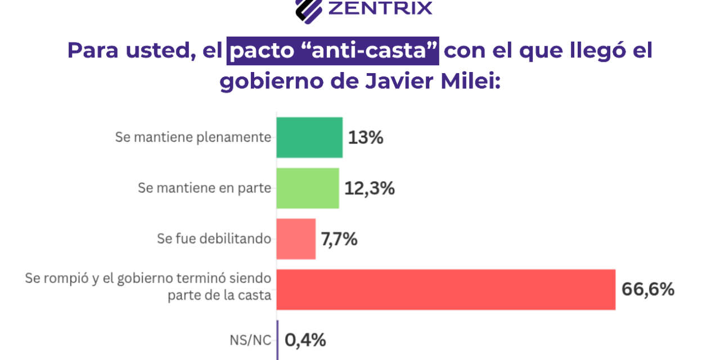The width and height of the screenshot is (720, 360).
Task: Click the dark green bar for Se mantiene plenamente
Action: tap(309, 137)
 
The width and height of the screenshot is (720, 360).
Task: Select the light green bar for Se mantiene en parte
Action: tap(308, 188)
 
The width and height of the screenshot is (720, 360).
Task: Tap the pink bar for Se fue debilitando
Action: tap(296, 238)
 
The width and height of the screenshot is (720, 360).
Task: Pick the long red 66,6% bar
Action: tap(445, 289)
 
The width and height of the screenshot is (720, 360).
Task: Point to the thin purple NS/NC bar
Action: tap(277, 340)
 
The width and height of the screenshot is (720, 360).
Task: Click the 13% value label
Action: tap(366, 138)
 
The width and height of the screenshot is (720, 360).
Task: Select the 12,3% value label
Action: tap(370, 188)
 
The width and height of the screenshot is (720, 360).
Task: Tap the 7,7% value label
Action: tap(339, 239)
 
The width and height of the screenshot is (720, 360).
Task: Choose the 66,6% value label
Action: tap(647, 289)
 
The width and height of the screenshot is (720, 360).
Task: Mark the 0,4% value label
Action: tap(305, 340)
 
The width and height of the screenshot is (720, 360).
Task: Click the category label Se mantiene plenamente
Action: tap(193, 137)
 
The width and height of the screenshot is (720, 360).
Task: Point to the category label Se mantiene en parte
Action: tap(205, 188)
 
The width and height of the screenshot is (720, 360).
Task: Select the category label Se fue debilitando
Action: tap(214, 238)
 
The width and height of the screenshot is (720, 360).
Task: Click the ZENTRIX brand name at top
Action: tap(380, 8)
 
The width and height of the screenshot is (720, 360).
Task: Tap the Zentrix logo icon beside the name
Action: tap(308, 8)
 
